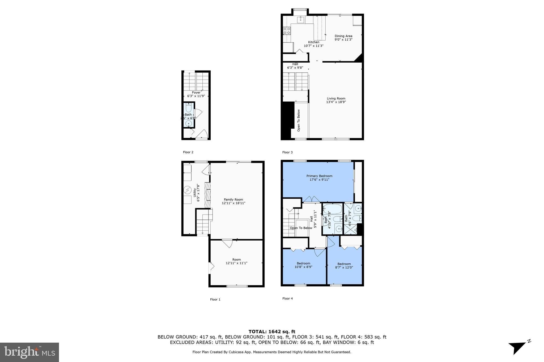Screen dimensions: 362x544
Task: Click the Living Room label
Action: pos(336,98)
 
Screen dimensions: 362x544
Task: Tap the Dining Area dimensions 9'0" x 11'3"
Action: pos(343,40)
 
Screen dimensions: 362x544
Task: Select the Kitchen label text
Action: pos(313,42)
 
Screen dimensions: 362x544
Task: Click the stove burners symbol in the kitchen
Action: pos(287,31)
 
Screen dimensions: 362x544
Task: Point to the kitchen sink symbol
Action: pos(301,19)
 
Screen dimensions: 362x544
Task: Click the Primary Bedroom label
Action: pos(319,176)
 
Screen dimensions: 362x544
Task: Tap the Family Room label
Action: pos(233,200)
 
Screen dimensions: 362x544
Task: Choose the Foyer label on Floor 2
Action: pos(196,93)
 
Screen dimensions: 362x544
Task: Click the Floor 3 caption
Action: pos(287,152)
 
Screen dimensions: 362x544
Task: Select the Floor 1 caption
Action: pos(215,299)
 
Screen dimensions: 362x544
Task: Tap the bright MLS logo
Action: pos(29,352)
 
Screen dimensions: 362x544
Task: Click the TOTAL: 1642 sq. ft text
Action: pos(272,332)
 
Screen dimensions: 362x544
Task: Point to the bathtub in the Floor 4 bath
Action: pos(332,209)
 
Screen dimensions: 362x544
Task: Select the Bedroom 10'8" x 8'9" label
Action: pos(303,263)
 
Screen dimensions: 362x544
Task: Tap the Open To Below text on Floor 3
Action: pos(299,120)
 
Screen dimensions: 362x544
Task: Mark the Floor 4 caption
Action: pos(287,298)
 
